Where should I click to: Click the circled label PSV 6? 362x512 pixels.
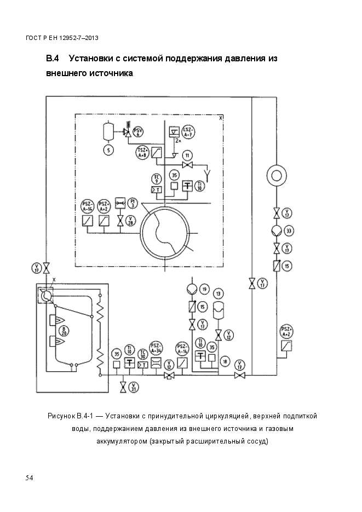pos(139,131)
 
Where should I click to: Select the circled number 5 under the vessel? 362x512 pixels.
pos(108,149)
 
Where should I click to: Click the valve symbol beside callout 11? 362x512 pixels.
pos(188,165)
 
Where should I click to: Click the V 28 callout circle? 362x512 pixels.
pos(130,221)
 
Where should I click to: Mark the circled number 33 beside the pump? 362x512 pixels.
pos(289,230)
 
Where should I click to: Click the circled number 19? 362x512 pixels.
pos(204,289)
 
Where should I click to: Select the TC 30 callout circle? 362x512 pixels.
pos(143,353)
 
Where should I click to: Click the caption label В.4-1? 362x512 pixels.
pos(84,416)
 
